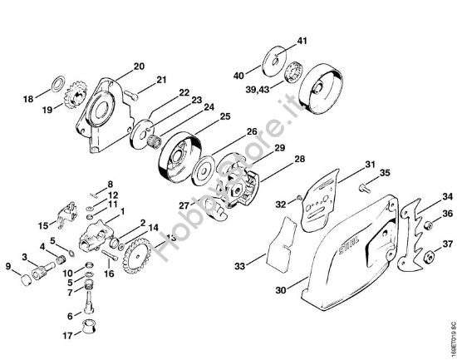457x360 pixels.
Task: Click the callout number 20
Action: [139, 66]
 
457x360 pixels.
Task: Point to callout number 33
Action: [239, 267]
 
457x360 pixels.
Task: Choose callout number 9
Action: [9, 267]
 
